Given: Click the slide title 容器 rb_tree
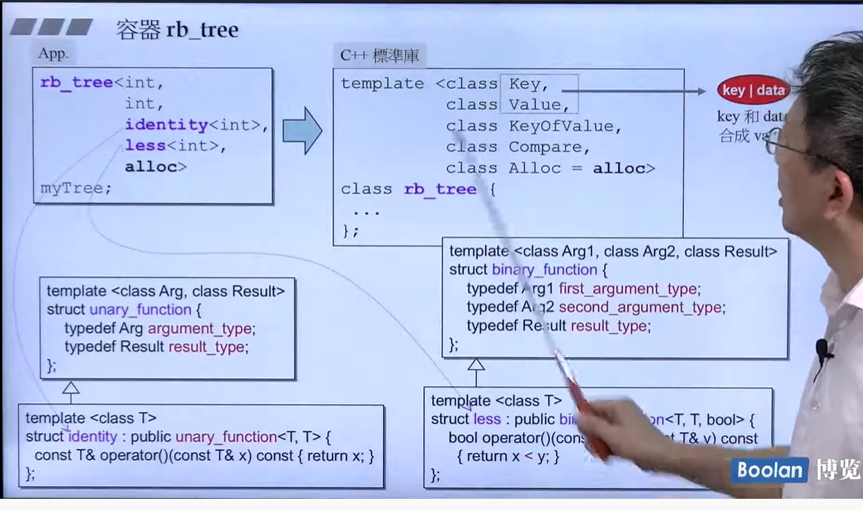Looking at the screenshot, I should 177,30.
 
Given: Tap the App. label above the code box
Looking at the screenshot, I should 53,54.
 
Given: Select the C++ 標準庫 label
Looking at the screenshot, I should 379,55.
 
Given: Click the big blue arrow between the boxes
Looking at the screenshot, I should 302,131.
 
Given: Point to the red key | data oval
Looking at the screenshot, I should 753,90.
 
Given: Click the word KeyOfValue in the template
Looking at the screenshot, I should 565,126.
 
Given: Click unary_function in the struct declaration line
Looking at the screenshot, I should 140,309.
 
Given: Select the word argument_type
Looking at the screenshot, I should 201,328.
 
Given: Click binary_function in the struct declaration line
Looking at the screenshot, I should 544,270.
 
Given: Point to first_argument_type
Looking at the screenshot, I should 627,289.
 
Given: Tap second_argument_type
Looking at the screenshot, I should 641,307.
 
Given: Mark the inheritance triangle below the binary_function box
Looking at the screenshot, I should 476,366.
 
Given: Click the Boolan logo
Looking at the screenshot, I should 770,470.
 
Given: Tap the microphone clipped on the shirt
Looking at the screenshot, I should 823,351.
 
